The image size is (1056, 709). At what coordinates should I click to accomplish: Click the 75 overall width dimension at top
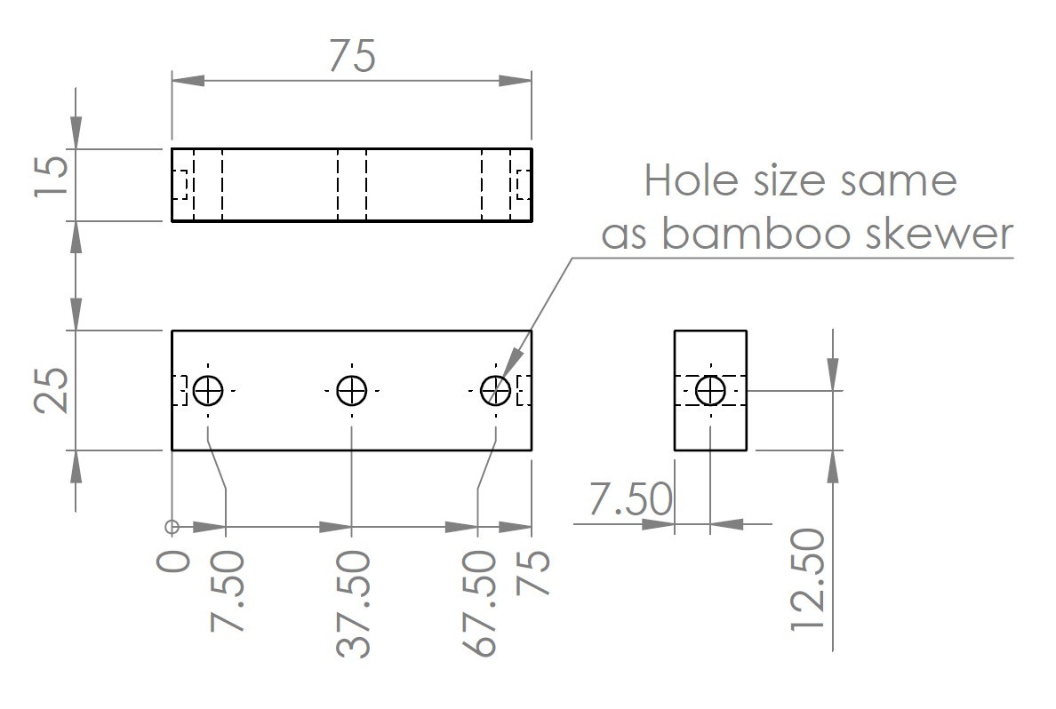click(x=352, y=55)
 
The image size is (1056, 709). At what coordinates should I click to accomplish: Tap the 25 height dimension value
click(x=52, y=391)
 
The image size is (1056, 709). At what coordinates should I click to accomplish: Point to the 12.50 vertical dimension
click(x=809, y=579)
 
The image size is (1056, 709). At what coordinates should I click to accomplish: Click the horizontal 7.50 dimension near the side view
click(x=630, y=499)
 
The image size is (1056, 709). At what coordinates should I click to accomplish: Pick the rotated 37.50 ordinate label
click(x=353, y=603)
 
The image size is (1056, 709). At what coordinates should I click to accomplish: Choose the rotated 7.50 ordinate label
click(x=227, y=592)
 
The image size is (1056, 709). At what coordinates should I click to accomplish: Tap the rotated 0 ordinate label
click(x=174, y=562)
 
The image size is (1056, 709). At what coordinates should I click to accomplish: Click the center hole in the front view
click(x=352, y=390)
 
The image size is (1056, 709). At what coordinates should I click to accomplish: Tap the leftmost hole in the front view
click(x=208, y=390)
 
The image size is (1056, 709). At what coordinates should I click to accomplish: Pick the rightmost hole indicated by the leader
click(x=495, y=390)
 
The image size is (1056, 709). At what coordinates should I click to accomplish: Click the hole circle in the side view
click(x=710, y=390)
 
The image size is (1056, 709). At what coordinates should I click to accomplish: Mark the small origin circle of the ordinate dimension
click(x=172, y=527)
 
